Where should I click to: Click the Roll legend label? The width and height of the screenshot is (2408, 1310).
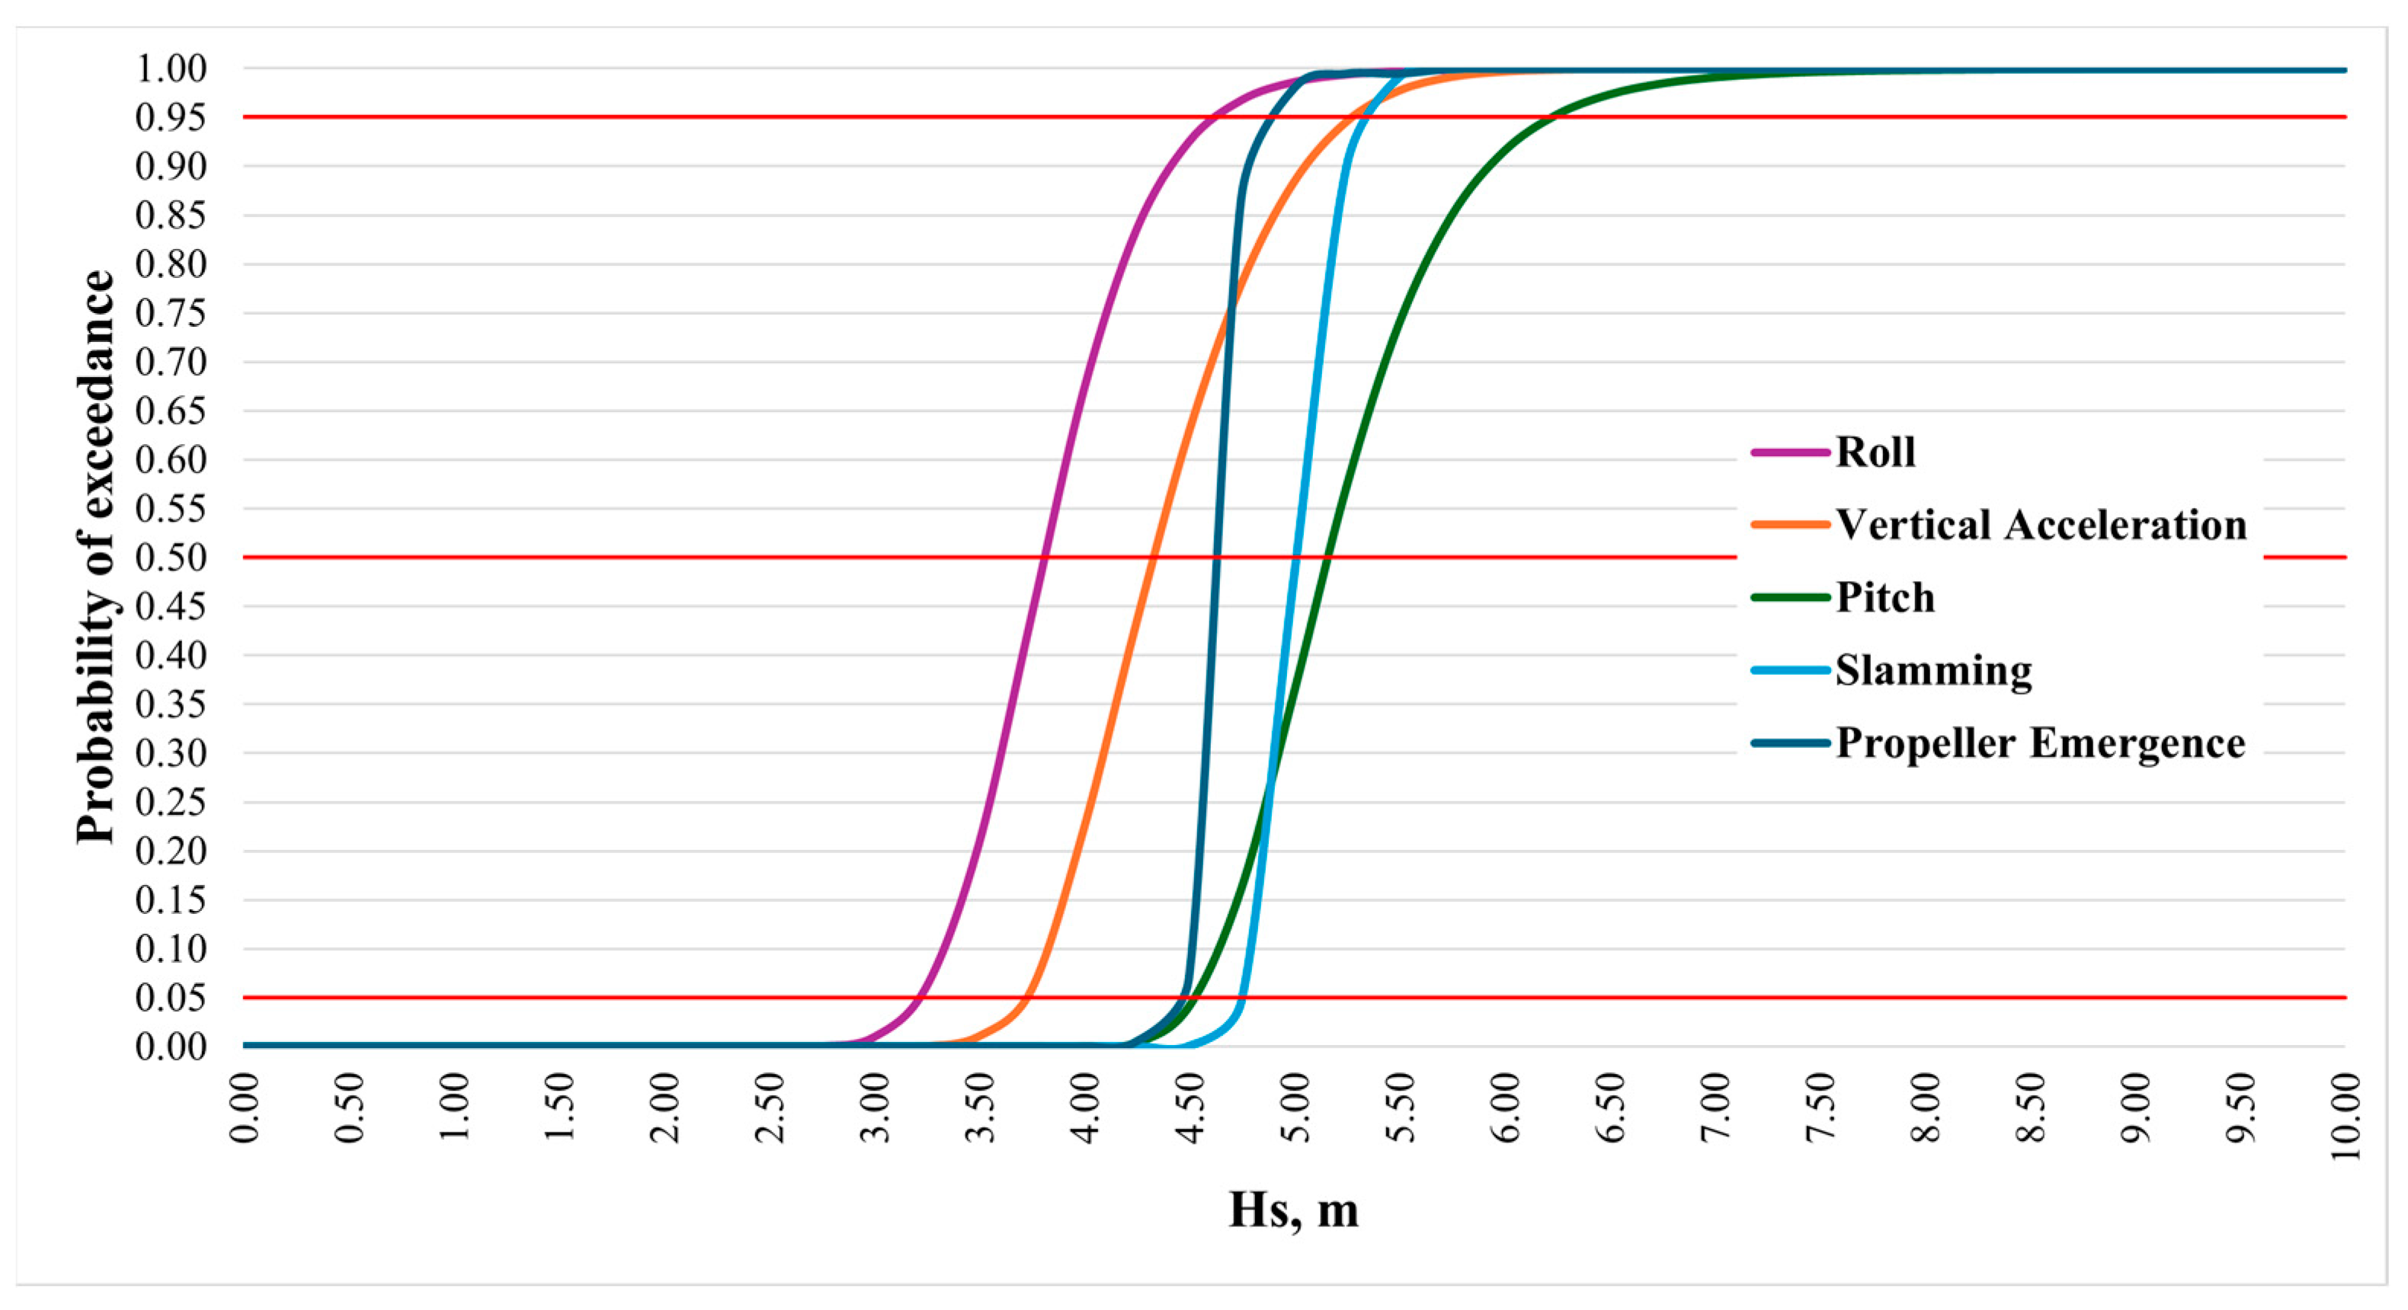pyautogui.click(x=1875, y=452)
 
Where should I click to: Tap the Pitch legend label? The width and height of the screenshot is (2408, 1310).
pyautogui.click(x=1884, y=598)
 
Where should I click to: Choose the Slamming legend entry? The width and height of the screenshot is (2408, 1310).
pyautogui.click(x=1933, y=671)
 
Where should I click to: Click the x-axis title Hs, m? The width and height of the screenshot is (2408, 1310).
pyautogui.click(x=1293, y=1209)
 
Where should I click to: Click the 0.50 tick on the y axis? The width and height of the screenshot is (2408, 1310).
pyautogui.click(x=171, y=558)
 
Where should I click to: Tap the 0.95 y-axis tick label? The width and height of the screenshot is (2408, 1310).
pyautogui.click(x=171, y=118)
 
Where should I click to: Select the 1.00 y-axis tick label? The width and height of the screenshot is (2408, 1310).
pyautogui.click(x=171, y=69)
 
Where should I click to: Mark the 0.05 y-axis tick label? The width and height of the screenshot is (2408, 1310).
pyautogui.click(x=171, y=998)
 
